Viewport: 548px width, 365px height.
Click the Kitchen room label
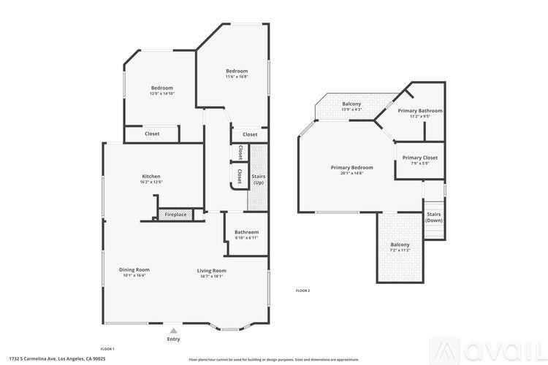click(151, 176)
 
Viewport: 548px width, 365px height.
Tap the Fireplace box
click(175, 215)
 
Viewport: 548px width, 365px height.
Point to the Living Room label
click(211, 271)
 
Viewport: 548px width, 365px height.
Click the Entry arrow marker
click(172, 331)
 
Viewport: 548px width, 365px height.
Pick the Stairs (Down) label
click(434, 217)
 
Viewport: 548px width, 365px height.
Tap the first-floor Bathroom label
click(246, 232)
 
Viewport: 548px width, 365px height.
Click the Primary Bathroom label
click(419, 110)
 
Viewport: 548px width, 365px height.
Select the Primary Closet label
click(419, 158)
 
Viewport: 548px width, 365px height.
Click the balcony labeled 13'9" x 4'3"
click(351, 104)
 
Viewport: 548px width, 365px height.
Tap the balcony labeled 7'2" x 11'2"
click(400, 245)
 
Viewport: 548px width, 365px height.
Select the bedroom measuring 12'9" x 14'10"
click(161, 88)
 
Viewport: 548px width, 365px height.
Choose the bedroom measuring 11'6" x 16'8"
click(236, 71)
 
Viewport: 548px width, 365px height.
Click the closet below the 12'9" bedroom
click(152, 134)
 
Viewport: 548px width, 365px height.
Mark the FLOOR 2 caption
click(302, 291)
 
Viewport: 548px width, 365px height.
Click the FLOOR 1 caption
click(107, 349)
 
